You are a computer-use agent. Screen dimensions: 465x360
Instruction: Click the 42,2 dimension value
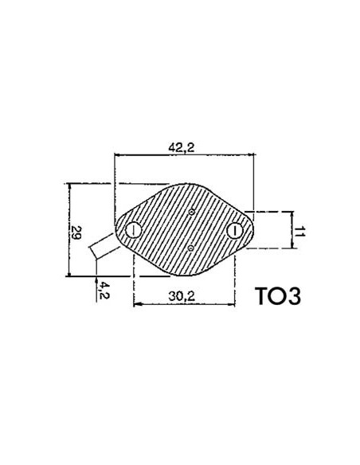[182, 146]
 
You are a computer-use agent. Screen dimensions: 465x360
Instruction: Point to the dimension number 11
[299, 231]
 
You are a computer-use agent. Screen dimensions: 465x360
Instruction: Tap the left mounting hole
[132, 231]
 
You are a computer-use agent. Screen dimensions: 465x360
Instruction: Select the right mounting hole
[234, 231]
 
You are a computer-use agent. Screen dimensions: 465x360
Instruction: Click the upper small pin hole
[192, 212]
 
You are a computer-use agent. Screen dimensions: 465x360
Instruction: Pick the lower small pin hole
[191, 248]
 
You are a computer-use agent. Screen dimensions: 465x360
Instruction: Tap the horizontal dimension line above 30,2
[183, 305]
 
